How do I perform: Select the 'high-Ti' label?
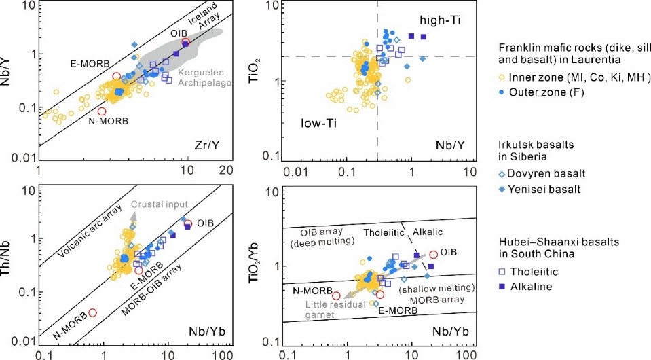coord(441,20)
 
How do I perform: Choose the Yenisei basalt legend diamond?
coord(502,189)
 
